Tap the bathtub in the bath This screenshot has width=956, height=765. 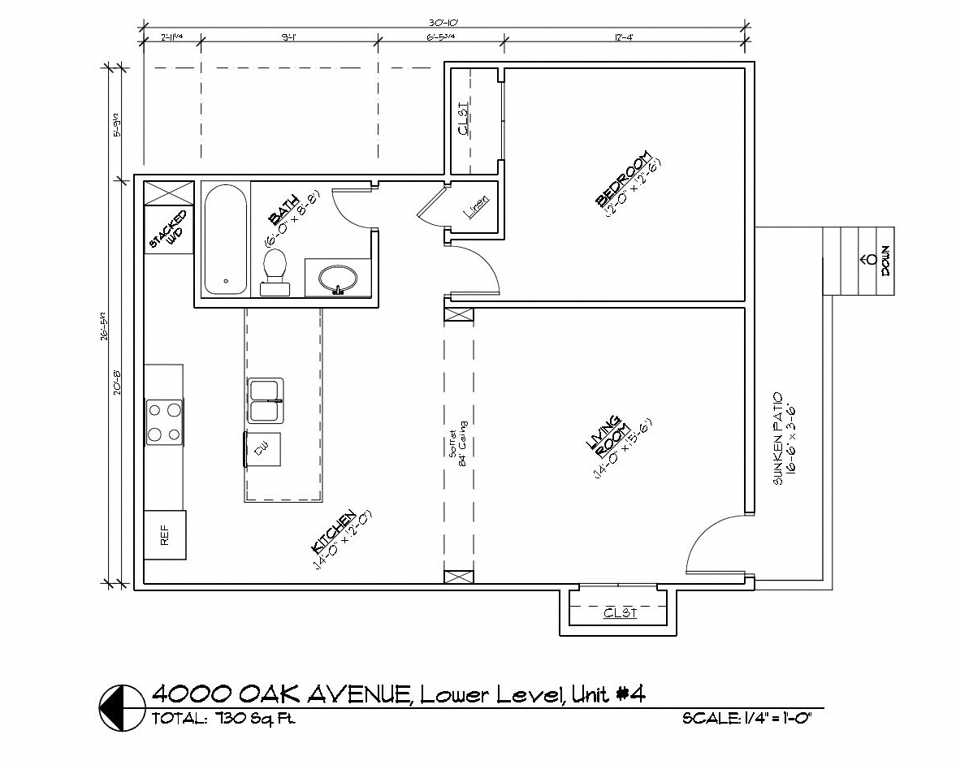tap(224, 240)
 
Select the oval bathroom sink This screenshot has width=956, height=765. tap(337, 279)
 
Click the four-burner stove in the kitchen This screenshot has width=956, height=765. tap(163, 421)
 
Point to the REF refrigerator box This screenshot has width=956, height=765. tap(165, 534)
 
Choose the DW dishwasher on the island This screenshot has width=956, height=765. tap(263, 450)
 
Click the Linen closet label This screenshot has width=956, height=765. tap(476, 209)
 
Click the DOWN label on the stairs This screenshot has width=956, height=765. tap(885, 261)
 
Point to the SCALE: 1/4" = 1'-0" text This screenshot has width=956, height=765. tap(747, 719)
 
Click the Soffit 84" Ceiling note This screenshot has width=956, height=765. tap(459, 441)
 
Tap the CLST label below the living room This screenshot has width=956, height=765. tap(620, 612)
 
